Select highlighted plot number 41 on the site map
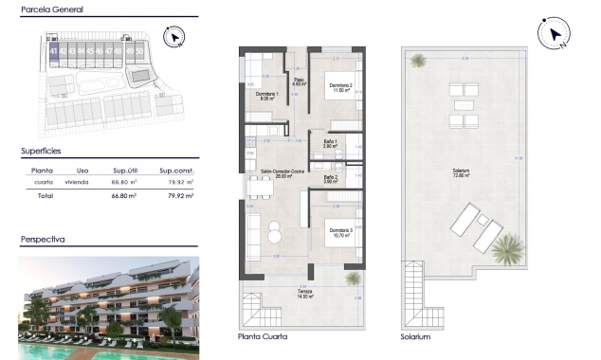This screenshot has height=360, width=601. click(x=54, y=51)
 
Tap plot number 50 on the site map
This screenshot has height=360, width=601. click(x=139, y=51)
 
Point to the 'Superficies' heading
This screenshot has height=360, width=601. click(x=41, y=151)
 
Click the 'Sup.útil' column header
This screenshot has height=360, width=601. click(x=126, y=171)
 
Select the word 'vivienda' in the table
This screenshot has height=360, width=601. click(x=77, y=182)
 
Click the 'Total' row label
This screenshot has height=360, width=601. click(x=44, y=195)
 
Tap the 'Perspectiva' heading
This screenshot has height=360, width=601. click(x=43, y=240)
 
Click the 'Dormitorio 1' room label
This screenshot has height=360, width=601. click(x=266, y=95)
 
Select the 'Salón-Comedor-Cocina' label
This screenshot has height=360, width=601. click(x=268, y=172)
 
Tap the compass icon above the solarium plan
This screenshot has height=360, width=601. click(x=553, y=34)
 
